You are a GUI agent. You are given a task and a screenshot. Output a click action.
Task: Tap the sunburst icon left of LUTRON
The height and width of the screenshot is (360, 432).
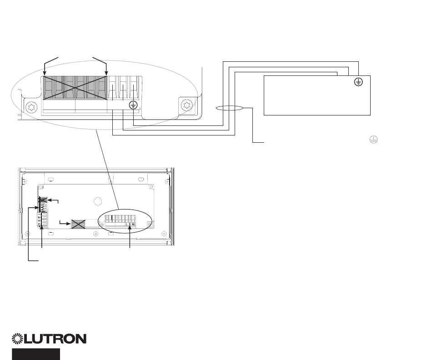(19, 339)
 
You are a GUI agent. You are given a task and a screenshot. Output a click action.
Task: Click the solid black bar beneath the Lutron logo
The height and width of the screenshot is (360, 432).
(36, 354)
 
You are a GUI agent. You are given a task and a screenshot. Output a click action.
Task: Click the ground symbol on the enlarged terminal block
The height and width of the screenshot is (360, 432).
(133, 105)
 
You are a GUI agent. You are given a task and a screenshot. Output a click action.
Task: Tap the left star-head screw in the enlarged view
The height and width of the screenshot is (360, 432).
(31, 108)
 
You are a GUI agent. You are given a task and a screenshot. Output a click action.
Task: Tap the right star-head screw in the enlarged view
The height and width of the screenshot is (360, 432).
(186, 105)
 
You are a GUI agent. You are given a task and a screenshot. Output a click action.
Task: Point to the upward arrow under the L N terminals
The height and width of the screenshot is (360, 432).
(131, 227)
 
